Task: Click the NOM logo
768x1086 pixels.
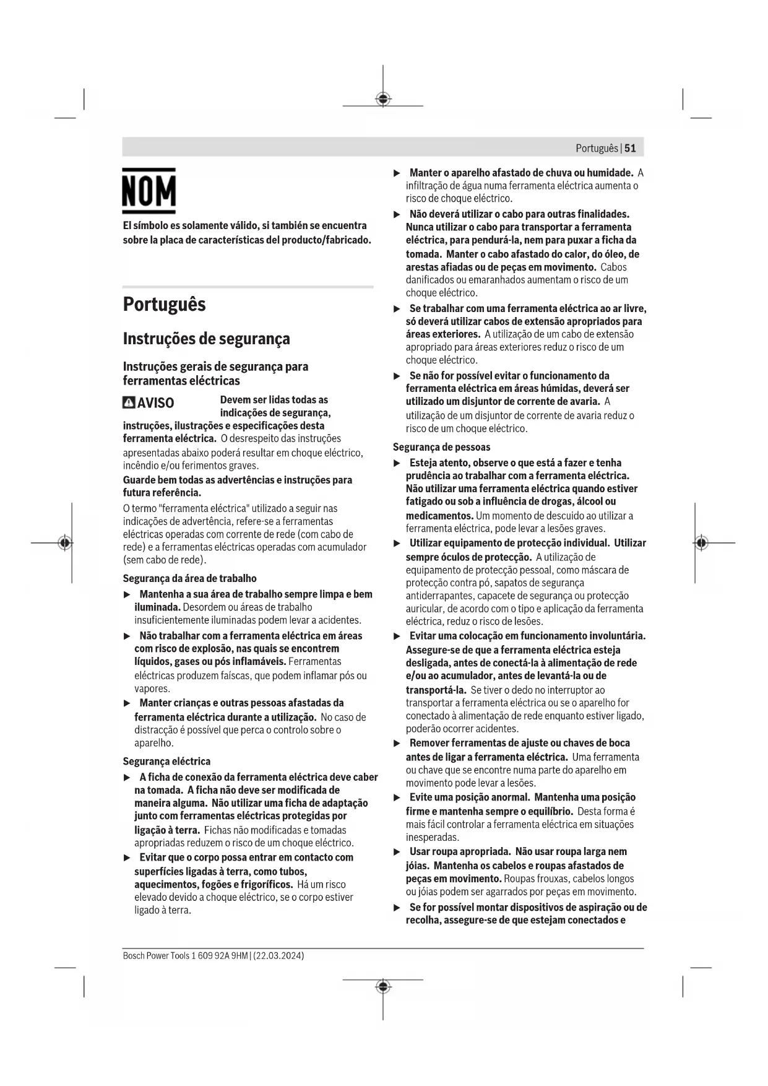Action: click(x=149, y=191)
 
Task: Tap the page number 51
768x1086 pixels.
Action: click(x=630, y=148)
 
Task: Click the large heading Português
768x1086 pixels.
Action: click(x=164, y=305)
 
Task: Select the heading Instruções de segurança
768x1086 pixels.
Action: click(x=206, y=339)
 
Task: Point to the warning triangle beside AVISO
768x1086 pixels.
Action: click(x=129, y=403)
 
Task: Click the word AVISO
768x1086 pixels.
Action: click(x=155, y=403)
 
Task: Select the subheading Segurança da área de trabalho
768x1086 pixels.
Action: click(x=189, y=578)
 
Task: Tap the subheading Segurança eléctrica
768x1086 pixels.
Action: click(x=166, y=761)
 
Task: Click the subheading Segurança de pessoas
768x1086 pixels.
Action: click(x=441, y=447)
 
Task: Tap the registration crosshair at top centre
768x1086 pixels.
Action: click(x=383, y=99)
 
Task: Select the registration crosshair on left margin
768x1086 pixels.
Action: click(x=65, y=543)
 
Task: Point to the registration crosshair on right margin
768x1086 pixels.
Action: click(x=701, y=543)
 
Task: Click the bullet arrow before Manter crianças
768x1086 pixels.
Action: click(x=127, y=703)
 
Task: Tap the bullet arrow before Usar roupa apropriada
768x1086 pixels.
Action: click(x=397, y=852)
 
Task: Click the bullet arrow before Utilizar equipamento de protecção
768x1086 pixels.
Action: click(x=397, y=544)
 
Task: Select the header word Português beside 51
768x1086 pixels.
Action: click(x=597, y=148)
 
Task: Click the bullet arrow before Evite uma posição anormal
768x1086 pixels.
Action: click(x=397, y=797)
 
